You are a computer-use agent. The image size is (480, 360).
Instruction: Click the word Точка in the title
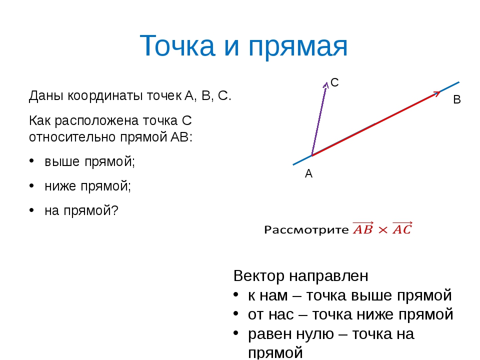pos(177,45)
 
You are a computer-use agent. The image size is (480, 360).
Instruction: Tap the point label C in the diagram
pos(334,82)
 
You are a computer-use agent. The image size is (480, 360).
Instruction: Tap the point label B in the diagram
pos(456,99)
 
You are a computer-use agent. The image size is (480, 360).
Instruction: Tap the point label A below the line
pos(308,173)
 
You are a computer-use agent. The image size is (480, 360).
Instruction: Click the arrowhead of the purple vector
pos(325,84)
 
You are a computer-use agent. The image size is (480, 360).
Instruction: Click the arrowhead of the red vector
pos(436,93)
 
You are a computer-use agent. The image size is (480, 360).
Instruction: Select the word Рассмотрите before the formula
pos(306,229)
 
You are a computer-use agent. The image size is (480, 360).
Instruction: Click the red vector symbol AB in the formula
pos(363,228)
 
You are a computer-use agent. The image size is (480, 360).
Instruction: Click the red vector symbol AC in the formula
pos(402,228)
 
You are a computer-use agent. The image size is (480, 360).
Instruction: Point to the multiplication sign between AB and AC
pos(383,230)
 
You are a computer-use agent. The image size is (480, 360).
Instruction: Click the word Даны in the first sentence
pos(46,96)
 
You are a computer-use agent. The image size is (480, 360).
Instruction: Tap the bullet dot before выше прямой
pos(31,161)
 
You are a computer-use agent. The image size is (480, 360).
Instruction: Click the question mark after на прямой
pos(114,210)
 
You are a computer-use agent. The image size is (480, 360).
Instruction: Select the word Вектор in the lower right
pos(259,275)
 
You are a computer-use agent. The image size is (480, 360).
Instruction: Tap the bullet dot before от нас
pos(235,314)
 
